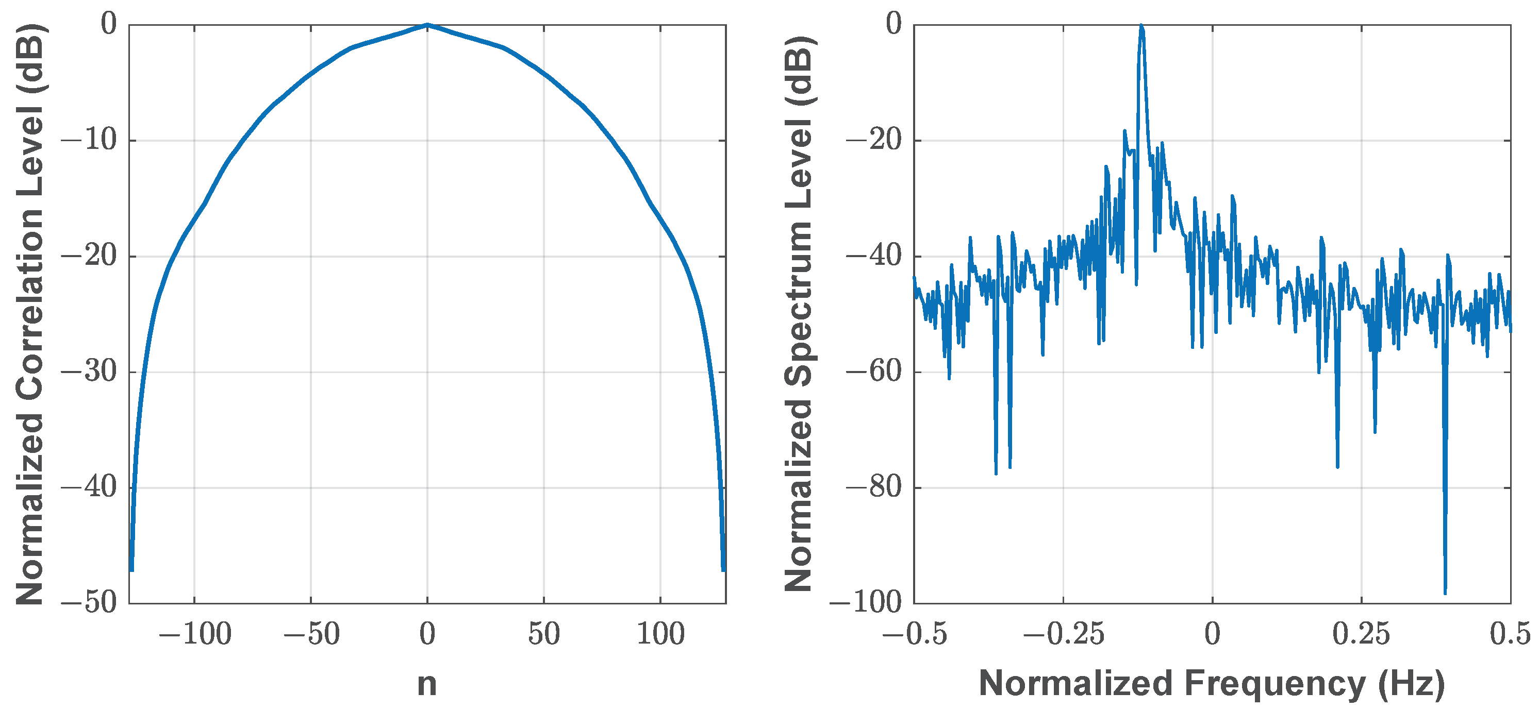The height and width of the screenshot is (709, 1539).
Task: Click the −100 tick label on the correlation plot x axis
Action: click(195, 634)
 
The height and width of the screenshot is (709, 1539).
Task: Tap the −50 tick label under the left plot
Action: click(311, 634)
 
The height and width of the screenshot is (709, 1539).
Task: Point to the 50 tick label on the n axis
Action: click(543, 634)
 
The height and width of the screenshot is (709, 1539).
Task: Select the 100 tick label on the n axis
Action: click(660, 634)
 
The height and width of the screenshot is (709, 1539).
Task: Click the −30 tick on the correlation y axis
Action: click(90, 372)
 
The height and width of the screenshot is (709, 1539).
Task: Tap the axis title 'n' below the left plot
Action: click(426, 683)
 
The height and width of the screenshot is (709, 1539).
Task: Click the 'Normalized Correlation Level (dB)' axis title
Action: click(30, 314)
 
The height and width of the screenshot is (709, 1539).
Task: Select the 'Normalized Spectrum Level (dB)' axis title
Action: click(799, 314)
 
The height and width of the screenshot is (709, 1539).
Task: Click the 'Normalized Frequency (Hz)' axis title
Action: click(1212, 683)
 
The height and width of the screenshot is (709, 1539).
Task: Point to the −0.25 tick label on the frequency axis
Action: click(1064, 634)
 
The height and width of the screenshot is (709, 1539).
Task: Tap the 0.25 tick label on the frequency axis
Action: click(1362, 634)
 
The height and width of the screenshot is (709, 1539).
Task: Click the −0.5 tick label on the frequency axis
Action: click(915, 634)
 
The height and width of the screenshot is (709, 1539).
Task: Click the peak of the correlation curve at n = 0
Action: click(427, 25)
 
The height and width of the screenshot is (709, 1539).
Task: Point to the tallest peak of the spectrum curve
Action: click(1141, 26)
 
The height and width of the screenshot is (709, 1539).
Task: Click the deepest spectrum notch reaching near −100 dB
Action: click(1445, 592)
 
